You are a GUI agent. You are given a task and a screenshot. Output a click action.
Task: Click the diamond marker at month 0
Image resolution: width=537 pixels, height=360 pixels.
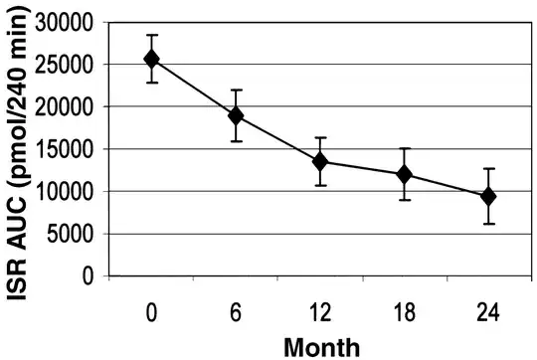coord(152,59)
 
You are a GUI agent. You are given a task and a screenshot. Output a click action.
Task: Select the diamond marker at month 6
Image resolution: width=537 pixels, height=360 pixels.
coord(236,115)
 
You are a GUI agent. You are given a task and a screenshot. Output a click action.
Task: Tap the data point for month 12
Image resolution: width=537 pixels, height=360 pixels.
coord(320,161)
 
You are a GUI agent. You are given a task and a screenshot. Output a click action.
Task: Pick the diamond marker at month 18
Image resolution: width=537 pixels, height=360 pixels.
coord(404,174)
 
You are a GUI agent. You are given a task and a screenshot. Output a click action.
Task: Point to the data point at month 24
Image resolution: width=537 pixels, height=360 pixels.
coord(488,196)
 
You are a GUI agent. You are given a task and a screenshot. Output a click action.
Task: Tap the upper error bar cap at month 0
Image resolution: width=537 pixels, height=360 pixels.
coord(152,35)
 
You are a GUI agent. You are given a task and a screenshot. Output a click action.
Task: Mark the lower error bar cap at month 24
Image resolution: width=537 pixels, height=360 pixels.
coord(488,224)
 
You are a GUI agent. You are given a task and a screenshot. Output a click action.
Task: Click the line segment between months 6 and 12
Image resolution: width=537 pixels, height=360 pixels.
coord(278,138)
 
